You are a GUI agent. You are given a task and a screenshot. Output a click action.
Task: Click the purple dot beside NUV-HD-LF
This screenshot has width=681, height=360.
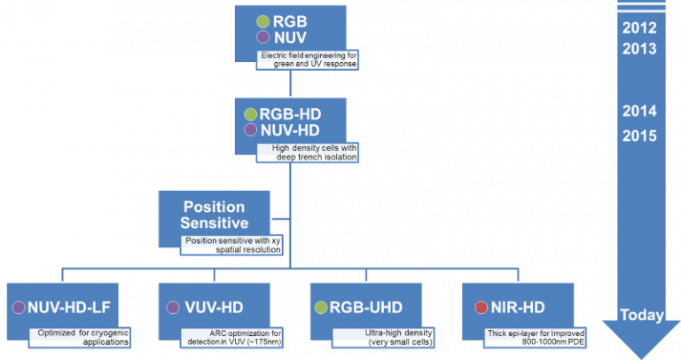pyautogui.click(x=18, y=308)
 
